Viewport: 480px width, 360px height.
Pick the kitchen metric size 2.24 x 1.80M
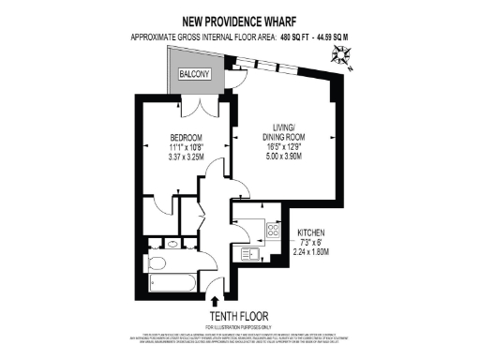pyautogui.click(x=317, y=250)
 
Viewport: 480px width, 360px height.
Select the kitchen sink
pyautogui.click(x=250, y=254)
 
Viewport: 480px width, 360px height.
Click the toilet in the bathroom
pyautogui.click(x=160, y=241)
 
